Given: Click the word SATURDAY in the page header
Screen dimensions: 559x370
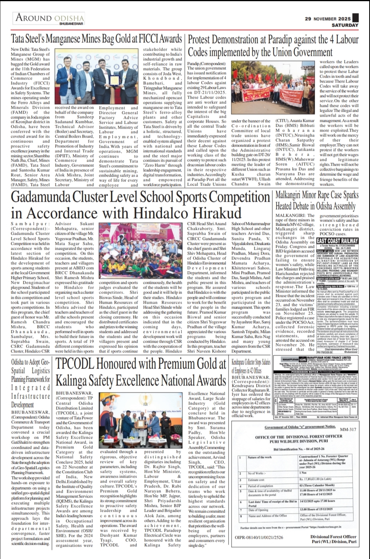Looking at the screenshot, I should [345, 25].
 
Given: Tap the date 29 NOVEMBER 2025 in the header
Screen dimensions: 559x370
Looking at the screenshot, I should [328, 18].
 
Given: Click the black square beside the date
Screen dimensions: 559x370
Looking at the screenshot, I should [355, 18].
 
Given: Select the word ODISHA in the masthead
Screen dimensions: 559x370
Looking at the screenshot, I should [69, 18].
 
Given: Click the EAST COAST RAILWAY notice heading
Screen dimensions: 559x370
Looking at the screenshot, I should [337, 241].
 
